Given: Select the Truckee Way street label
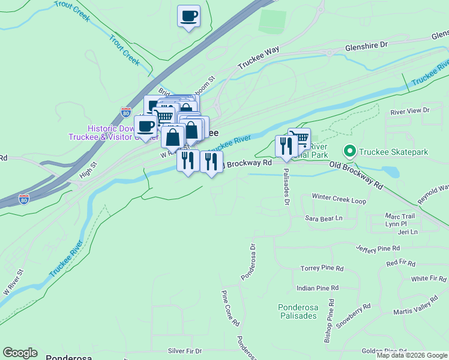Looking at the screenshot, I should pyautogui.click(x=259, y=58).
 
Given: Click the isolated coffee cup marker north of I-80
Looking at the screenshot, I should pyautogui.click(x=188, y=16).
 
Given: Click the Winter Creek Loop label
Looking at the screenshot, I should pyautogui.click(x=339, y=199).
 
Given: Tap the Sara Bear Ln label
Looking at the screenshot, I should pyautogui.click(x=324, y=218).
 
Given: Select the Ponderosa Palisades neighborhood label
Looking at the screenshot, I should pyautogui.click(x=297, y=311).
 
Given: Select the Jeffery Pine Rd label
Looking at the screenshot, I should pyautogui.click(x=378, y=248).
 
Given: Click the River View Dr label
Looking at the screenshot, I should pyautogui.click(x=410, y=111).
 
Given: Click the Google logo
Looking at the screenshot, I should pyautogui.click(x=20, y=353).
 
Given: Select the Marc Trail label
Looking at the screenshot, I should pyautogui.click(x=400, y=216).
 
